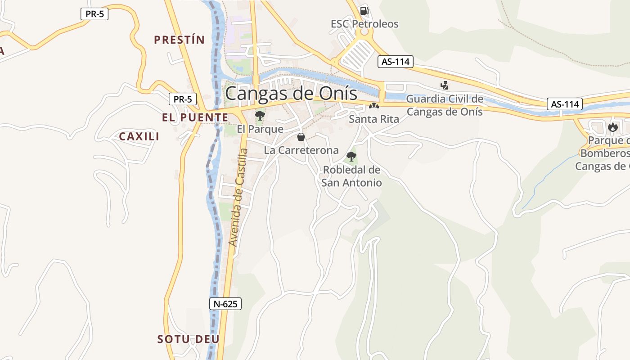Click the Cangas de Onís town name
(x=291, y=94)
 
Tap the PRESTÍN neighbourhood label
(x=179, y=40)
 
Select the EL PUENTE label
(x=195, y=117)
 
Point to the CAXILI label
(x=139, y=136)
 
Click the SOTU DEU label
(x=188, y=339)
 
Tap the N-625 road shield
(x=225, y=304)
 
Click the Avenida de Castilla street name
(x=238, y=197)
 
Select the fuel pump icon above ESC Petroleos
(x=364, y=10)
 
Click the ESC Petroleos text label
(x=364, y=24)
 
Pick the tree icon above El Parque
(x=260, y=116)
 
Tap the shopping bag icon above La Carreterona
(x=301, y=137)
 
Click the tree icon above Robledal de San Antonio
(x=351, y=157)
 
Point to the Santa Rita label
(x=374, y=119)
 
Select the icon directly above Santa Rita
(x=373, y=106)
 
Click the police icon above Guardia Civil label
(x=444, y=85)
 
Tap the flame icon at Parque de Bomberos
(x=612, y=127)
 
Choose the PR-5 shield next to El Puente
(x=183, y=99)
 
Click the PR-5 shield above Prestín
(x=94, y=14)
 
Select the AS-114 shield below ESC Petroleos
(x=395, y=62)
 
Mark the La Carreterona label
(x=301, y=150)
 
